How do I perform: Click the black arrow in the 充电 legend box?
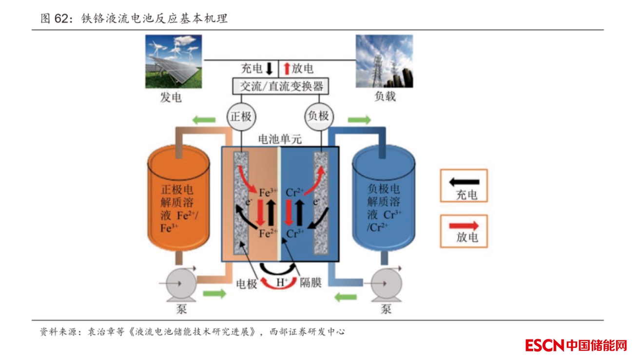coord(464,182)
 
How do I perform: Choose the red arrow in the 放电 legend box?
coord(464,226)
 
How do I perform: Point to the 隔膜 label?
coord(310,283)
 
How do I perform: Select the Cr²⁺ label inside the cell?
coord(294,192)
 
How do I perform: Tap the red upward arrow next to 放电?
coord(287,68)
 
